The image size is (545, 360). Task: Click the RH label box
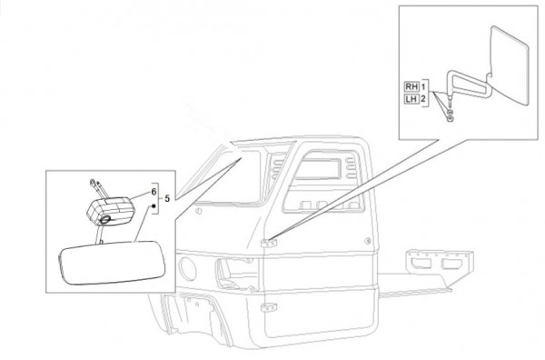[411, 86]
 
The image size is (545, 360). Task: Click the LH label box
[411, 99]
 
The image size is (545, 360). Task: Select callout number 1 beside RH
[423, 86]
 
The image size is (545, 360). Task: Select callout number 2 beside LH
[423, 99]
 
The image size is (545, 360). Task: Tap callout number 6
[154, 192]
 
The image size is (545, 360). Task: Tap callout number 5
[167, 198]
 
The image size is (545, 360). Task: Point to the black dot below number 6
[153, 206]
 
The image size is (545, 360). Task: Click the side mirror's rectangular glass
[510, 65]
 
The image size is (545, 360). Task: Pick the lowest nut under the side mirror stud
[450, 120]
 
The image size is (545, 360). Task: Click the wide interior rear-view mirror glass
[112, 263]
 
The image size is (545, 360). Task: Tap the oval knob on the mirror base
[105, 219]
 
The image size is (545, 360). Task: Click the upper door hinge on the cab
[269, 243]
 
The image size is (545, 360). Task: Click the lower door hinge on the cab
[269, 307]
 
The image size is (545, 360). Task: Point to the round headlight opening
[187, 268]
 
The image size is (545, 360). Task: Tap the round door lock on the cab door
[367, 241]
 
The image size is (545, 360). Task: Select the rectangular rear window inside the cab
[318, 169]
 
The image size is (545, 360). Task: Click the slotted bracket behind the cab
[439, 262]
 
